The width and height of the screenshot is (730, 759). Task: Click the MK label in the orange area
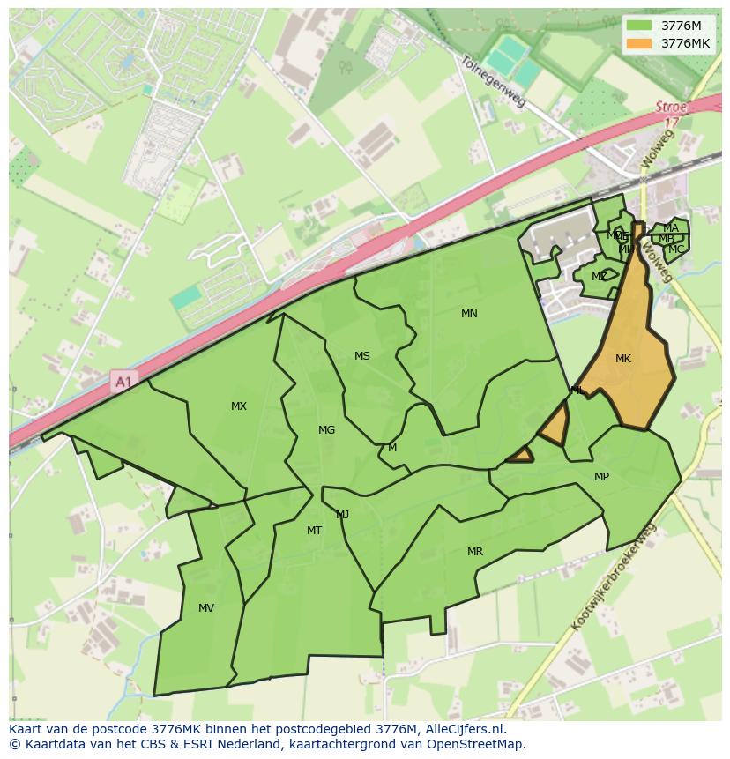pyautogui.click(x=623, y=359)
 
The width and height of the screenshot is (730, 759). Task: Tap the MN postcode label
pyautogui.click(x=469, y=314)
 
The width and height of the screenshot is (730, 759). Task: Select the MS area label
pyautogui.click(x=362, y=356)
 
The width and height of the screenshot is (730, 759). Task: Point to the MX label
pyautogui.click(x=239, y=406)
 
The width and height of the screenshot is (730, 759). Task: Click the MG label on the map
pyautogui.click(x=326, y=430)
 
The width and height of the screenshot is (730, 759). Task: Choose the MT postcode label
pyautogui.click(x=314, y=531)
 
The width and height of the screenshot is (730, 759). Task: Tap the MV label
pyautogui.click(x=206, y=608)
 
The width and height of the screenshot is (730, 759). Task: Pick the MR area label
pyautogui.click(x=475, y=552)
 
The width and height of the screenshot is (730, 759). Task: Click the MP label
pyautogui.click(x=601, y=477)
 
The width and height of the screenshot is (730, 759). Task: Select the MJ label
pyautogui.click(x=343, y=515)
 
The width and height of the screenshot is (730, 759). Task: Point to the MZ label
pyautogui.click(x=600, y=277)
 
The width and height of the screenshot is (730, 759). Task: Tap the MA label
pyautogui.click(x=671, y=228)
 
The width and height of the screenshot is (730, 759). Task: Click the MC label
pyautogui.click(x=675, y=249)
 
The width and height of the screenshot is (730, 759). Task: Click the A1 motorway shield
pyautogui.click(x=123, y=382)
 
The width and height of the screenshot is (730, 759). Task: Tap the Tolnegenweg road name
pyautogui.click(x=493, y=82)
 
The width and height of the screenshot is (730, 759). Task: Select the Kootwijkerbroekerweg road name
pyautogui.click(x=615, y=577)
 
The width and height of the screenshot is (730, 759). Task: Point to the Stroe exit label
pyautogui.click(x=671, y=107)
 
